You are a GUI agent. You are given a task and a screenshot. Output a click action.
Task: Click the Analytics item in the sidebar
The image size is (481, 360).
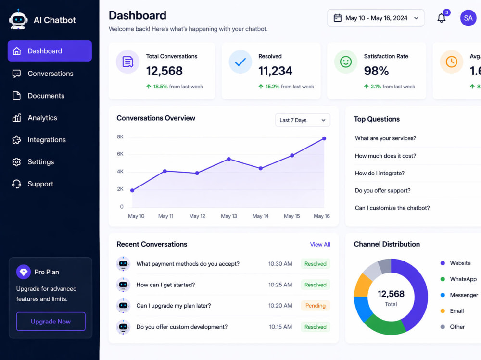[34, 118]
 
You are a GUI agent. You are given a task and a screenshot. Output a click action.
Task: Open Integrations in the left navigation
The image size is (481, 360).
[38, 140]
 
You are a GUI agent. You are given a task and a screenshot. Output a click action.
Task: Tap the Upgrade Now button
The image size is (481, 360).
[51, 322]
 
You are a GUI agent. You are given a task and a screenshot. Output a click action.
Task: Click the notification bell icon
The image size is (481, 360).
[442, 18]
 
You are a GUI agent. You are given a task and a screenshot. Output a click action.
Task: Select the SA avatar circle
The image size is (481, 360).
[468, 18]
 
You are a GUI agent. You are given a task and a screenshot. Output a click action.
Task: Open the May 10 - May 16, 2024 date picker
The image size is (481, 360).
[376, 18]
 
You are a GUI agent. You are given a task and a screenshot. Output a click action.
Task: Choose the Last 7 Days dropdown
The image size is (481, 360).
[303, 120]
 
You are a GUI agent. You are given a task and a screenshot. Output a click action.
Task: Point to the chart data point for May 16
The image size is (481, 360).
[324, 138]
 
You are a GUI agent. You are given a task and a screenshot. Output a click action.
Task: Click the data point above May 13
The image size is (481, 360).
[229, 159]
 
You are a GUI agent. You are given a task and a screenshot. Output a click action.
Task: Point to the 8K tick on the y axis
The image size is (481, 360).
[120, 137]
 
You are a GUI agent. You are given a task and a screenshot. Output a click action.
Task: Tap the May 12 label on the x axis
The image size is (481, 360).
[197, 216]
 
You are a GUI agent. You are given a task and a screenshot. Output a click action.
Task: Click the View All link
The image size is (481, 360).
[320, 244]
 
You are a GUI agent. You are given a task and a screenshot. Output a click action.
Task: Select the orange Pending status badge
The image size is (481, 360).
[316, 306]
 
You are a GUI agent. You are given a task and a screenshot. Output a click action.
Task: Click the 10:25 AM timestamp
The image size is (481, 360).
[280, 285]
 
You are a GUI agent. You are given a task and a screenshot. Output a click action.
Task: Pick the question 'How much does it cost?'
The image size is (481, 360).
[385, 156]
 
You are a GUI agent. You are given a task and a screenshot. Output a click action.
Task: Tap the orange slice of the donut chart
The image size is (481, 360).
[362, 286]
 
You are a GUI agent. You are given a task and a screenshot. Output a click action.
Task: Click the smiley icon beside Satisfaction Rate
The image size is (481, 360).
[346, 62]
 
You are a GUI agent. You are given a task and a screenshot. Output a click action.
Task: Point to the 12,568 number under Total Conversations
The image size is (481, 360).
[165, 71]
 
